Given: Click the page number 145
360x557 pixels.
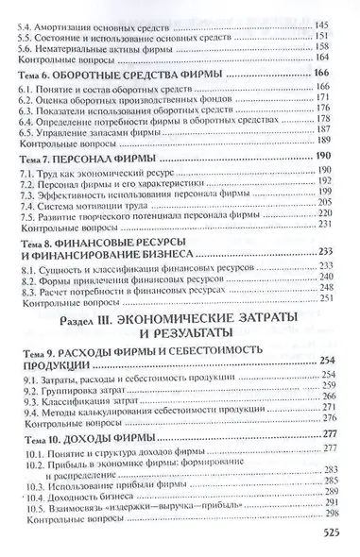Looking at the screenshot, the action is coord(337,8).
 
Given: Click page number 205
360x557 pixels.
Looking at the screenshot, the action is coord(337,200).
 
